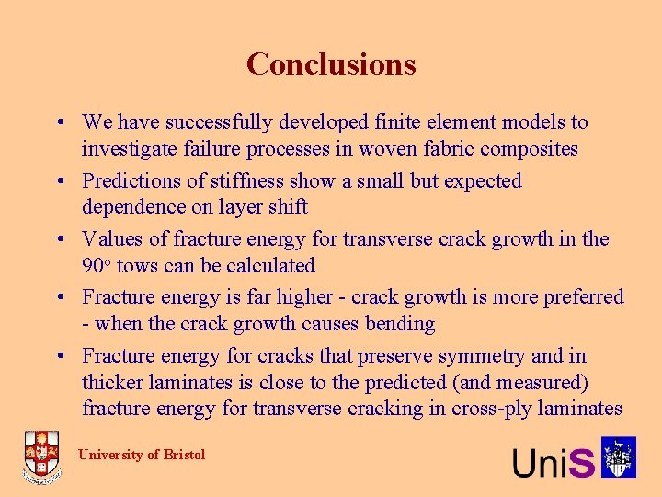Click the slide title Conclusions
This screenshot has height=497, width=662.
331,64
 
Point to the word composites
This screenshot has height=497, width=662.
527,148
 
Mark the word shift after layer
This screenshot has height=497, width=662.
286,207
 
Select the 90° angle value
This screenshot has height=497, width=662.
96,266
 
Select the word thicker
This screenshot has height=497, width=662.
114,382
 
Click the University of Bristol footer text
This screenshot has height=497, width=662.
142,455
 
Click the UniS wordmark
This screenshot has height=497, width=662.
554,461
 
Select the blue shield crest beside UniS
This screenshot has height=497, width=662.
619,457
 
